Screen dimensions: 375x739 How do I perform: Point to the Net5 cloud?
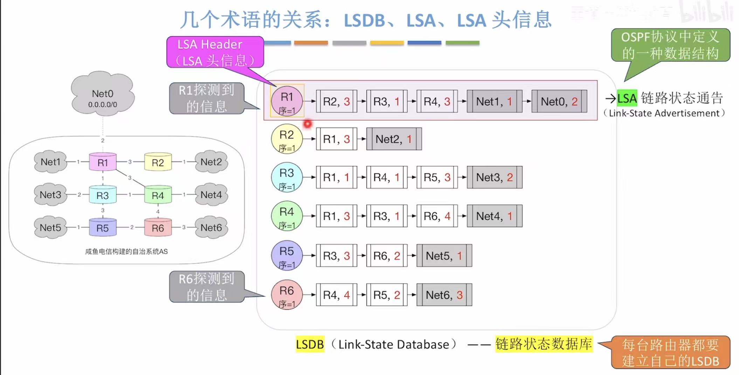click(x=50, y=227)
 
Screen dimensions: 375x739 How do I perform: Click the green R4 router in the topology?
click(x=158, y=195)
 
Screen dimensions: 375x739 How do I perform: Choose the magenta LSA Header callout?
click(x=215, y=52)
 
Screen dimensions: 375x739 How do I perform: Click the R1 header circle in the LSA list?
click(x=287, y=101)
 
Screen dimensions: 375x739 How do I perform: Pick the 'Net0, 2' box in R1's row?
click(x=559, y=101)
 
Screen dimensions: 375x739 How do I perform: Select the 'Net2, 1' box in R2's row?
click(x=394, y=139)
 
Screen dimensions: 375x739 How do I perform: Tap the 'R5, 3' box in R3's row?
click(x=437, y=177)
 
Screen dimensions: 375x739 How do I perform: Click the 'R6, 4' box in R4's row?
click(x=437, y=216)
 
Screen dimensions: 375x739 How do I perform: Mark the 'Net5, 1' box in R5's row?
click(x=444, y=255)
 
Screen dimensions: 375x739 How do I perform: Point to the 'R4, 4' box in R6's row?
click(x=336, y=295)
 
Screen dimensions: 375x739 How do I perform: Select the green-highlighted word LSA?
click(x=627, y=98)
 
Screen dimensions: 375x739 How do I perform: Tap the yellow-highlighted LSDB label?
click(x=310, y=344)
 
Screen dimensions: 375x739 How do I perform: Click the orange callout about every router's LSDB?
click(x=670, y=353)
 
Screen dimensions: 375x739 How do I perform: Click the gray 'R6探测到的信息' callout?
click(x=207, y=287)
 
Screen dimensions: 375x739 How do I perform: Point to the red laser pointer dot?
click(x=308, y=124)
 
